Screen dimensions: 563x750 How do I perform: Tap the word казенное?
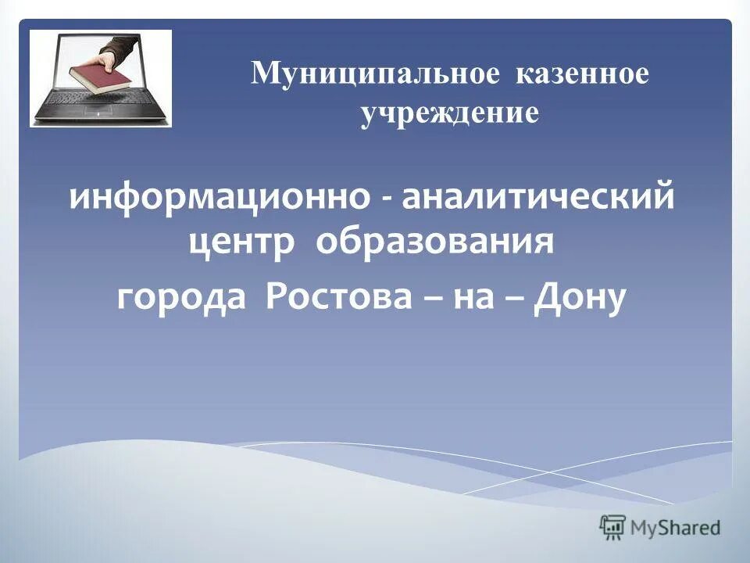(x=581, y=76)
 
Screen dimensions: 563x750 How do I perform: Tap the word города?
(x=186, y=298)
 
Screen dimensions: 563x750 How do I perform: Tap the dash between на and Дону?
(x=517, y=299)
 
